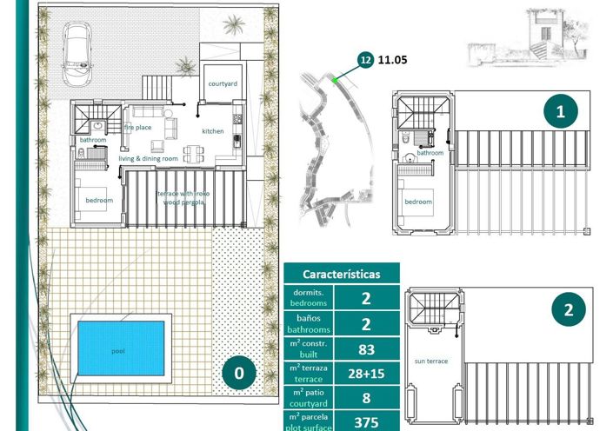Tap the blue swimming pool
point(118,349)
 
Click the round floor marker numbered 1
point(561,110)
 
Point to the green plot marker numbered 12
point(366,61)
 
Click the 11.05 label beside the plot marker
point(394,61)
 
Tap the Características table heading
point(342,273)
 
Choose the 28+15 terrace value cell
point(366,374)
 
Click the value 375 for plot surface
point(366,422)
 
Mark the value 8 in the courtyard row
point(366,399)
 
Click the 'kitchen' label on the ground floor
point(213,131)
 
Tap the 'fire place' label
point(139,127)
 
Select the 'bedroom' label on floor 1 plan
point(418,202)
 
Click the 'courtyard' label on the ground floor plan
point(223,84)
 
